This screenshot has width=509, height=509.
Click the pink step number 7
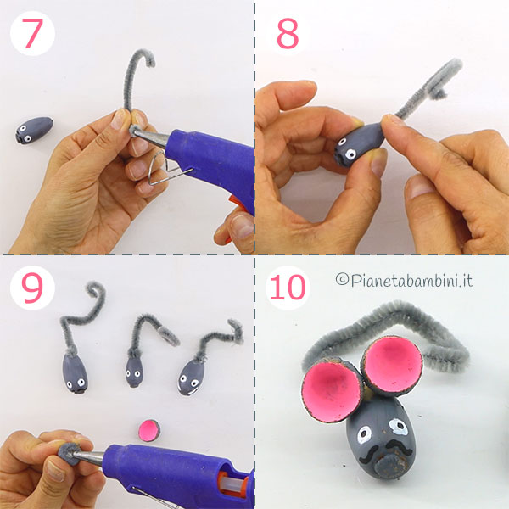pos(32,33)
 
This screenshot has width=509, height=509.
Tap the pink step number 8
pos(288,33)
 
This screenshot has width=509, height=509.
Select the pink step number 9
pos(32,288)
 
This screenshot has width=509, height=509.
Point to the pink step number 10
pos(288,288)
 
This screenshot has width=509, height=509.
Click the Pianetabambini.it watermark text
pos(404,280)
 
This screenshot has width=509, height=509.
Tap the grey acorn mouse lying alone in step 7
pos(34,130)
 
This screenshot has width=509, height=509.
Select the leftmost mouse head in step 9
pos(76,373)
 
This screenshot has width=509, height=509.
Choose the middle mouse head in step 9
pos(134,372)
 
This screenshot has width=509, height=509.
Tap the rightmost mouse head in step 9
pos(191,378)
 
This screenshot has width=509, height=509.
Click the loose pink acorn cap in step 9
pos(149,430)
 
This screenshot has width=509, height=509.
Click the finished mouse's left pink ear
pos(332,389)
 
